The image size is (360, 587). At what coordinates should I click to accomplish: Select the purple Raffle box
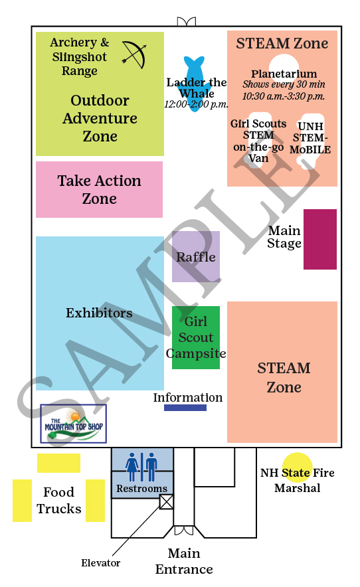tap(196, 256)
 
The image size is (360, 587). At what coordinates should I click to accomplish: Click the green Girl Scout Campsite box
tap(196, 337)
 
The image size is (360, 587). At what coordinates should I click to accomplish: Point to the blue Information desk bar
tap(185, 408)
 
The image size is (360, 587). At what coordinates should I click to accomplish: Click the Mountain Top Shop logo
tap(74, 424)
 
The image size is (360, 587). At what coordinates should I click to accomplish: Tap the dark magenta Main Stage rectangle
tap(320, 239)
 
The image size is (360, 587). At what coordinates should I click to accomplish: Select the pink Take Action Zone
tap(99, 189)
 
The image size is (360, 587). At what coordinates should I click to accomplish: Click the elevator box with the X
tap(166, 501)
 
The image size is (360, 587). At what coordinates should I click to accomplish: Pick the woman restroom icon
tap(132, 467)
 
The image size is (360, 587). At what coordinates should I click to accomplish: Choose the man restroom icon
tap(151, 467)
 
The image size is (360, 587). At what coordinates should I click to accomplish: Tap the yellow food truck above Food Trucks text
tap(58, 463)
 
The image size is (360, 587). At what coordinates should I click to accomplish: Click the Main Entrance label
tap(184, 561)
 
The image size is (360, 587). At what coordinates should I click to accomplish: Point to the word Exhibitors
tap(99, 313)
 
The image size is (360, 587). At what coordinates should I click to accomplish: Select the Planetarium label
tap(284, 74)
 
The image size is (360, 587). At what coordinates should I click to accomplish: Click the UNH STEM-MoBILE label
tap(310, 137)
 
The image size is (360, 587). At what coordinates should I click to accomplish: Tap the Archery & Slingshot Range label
tap(80, 56)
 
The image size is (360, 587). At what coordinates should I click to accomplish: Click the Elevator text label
tap(101, 562)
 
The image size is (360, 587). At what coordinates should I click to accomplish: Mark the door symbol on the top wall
tap(186, 22)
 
